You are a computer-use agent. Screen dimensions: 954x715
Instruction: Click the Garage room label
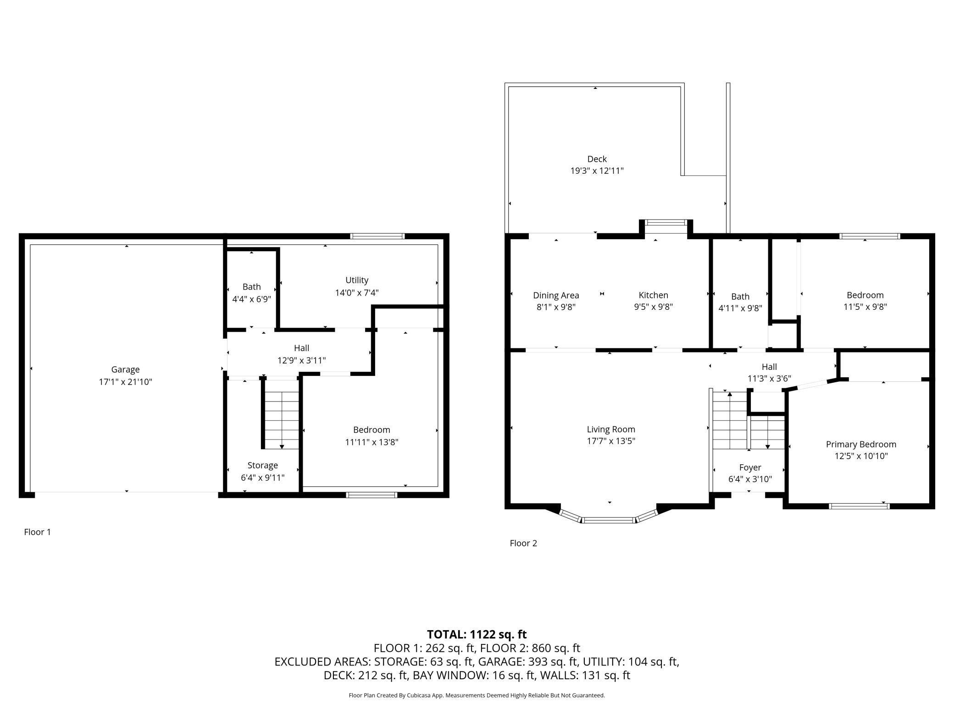point(125,369)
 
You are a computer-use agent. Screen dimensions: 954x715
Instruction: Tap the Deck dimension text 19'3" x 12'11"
point(597,171)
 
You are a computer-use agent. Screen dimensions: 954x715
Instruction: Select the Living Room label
point(611,429)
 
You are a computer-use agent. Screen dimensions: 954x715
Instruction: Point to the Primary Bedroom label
point(861,444)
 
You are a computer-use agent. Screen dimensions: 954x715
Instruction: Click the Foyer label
point(750,467)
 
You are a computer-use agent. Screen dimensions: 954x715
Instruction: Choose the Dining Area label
point(556,296)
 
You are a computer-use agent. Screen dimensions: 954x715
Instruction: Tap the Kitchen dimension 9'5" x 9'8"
point(653,307)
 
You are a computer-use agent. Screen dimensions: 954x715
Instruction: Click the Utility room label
point(357,280)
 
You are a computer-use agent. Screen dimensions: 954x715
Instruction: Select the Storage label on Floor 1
point(262,465)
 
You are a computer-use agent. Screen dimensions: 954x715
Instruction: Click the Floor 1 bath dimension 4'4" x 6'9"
point(251,299)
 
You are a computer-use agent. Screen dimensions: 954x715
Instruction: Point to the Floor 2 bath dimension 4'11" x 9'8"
point(740,308)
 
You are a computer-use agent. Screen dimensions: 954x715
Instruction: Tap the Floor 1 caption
point(37,532)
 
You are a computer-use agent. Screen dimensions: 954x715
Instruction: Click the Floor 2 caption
point(523,543)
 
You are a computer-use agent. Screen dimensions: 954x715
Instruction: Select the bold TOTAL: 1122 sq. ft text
point(477,634)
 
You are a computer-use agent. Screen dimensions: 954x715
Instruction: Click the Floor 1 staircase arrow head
point(282,446)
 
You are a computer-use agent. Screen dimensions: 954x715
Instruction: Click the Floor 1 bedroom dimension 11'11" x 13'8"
point(372,442)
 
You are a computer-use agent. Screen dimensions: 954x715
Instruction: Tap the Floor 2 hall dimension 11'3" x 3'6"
point(769,379)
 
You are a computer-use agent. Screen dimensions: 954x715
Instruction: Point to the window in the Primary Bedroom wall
point(859,506)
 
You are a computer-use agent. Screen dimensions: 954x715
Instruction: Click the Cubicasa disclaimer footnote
point(477,695)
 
